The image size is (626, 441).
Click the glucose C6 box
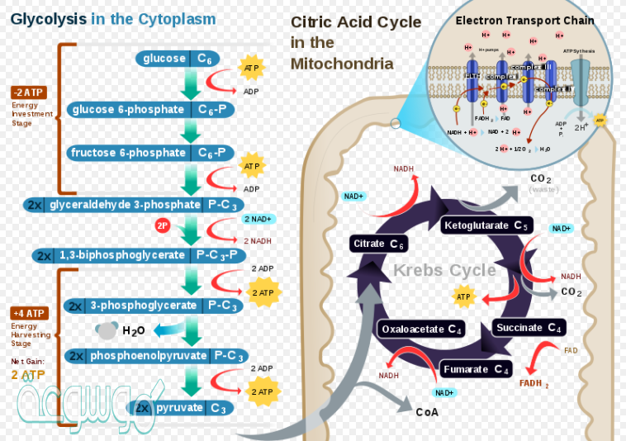183,59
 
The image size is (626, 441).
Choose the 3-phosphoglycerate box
154,306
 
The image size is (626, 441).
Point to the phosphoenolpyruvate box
156,356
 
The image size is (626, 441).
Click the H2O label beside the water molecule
134,331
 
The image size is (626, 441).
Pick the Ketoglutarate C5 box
486,225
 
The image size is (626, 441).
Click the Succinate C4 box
529,328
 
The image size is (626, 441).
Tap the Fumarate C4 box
476,369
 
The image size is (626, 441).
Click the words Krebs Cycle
444,270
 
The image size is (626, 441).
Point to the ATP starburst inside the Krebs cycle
463,295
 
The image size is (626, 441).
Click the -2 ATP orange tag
30,92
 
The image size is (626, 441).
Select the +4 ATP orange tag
30,314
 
